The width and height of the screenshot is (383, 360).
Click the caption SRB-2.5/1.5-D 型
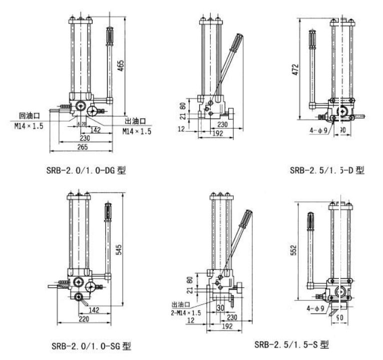pos(327,171)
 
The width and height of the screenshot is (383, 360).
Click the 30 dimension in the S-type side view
pos(220,308)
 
